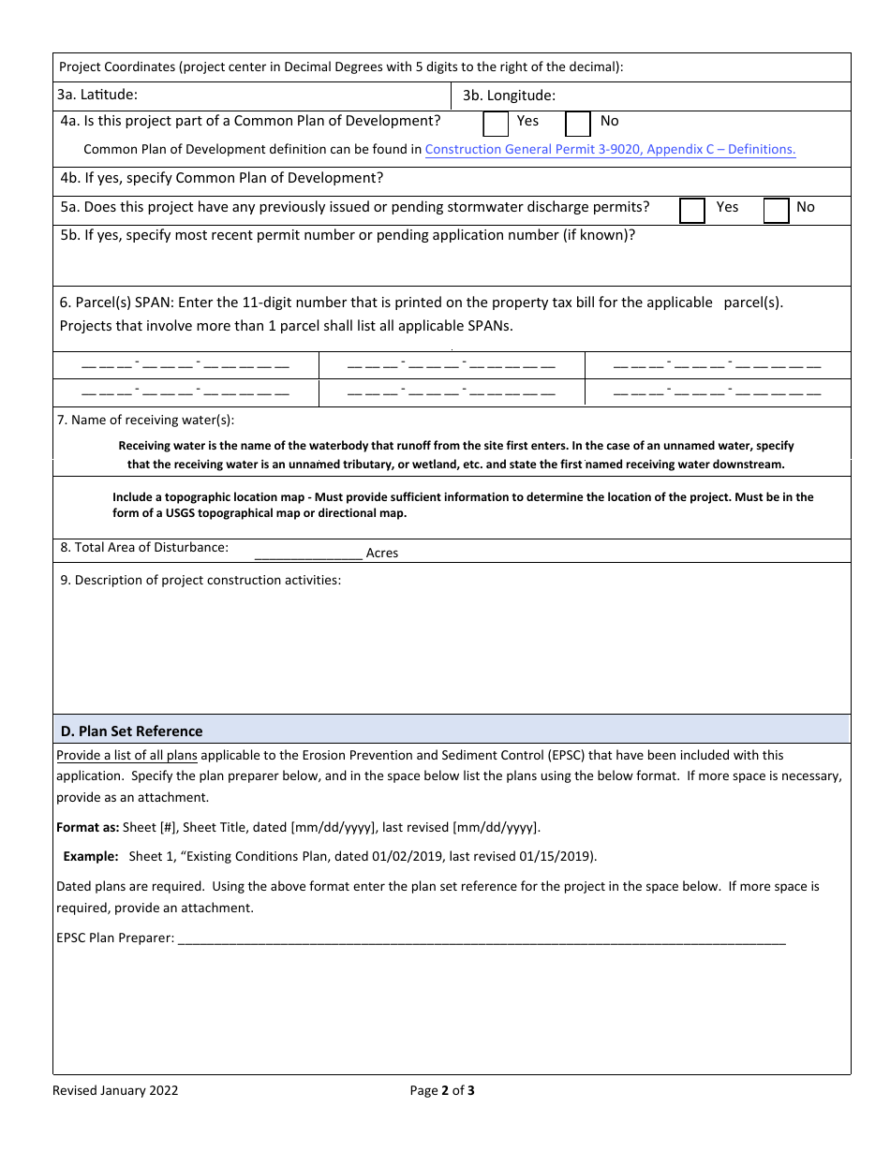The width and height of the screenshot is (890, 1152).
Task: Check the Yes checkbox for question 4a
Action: [x=496, y=124]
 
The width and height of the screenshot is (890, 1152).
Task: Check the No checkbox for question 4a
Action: [x=578, y=124]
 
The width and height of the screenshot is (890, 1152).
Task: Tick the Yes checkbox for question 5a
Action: [x=691, y=210]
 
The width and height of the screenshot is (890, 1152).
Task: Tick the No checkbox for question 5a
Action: [x=776, y=210]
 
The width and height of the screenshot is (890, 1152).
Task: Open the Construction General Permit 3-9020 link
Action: [x=610, y=149]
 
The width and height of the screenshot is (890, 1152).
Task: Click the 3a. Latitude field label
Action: [x=97, y=95]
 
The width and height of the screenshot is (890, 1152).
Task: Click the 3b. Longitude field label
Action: [x=509, y=96]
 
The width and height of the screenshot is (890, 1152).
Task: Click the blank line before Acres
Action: [x=307, y=553]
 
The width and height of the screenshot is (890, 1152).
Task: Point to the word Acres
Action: [x=382, y=554]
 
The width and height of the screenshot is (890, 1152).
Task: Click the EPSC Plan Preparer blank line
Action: [x=481, y=938]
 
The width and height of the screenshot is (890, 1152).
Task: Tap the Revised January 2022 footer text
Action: [x=115, y=1090]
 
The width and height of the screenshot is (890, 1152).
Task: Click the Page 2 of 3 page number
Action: [x=442, y=1090]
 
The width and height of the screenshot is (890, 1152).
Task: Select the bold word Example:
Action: [x=91, y=856]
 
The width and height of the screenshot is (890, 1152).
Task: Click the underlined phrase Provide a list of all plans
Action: [x=126, y=755]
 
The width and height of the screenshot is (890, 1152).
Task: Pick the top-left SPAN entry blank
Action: [x=185, y=364]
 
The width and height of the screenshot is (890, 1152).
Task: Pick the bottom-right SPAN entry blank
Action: [x=717, y=392]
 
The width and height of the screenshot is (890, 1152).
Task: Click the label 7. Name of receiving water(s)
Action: [x=146, y=420]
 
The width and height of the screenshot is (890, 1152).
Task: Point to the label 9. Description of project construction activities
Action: [x=200, y=580]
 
